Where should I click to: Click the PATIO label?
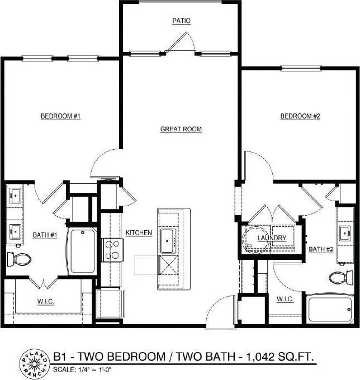pyautogui.click(x=181, y=21)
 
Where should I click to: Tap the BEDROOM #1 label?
pyautogui.click(x=61, y=116)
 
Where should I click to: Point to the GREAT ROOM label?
pyautogui.click(x=181, y=129)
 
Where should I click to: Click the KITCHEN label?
pyautogui.click(x=139, y=232)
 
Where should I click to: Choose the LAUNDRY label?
pyautogui.click(x=272, y=238)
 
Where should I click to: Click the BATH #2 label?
pyautogui.click(x=321, y=249)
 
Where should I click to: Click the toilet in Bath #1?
pyautogui.click(x=20, y=259)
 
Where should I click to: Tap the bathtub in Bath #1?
pyautogui.click(x=82, y=251)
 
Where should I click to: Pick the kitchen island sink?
pyautogui.click(x=169, y=240)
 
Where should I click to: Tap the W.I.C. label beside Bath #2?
pyautogui.click(x=285, y=299)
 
